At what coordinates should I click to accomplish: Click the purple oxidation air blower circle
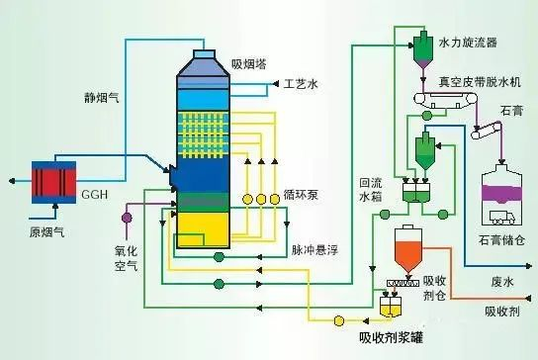tap(127, 215)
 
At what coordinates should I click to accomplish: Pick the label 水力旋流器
tap(471, 44)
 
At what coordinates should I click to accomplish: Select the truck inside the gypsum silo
tap(505, 215)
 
